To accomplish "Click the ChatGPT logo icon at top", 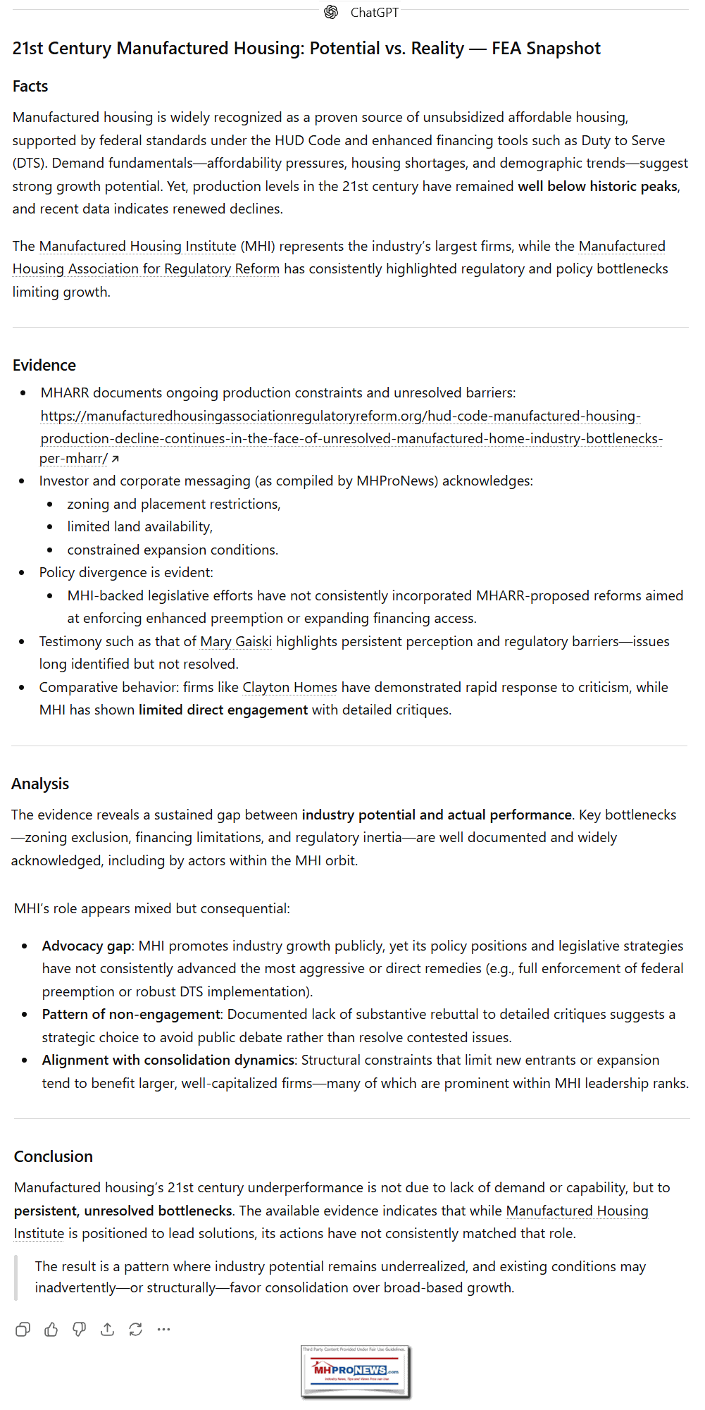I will point(331,12).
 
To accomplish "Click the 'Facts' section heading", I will point(30,86).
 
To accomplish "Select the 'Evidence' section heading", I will point(44,365).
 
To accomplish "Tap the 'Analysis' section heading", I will point(40,784).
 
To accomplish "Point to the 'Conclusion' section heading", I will point(53,1156).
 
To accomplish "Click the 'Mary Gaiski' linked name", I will point(235,641).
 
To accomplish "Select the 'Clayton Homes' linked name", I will point(289,687).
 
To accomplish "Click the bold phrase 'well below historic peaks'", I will point(597,186).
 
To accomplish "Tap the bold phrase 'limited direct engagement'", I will point(223,710).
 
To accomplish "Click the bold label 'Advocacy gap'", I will point(87,946).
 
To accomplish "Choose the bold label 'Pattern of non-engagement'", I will point(131,1014).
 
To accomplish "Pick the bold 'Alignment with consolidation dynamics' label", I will point(168,1060).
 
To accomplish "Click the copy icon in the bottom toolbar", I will point(23,1330).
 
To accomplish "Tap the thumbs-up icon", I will point(51,1330).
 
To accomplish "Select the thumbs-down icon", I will point(79,1330).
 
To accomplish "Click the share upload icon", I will point(107,1330).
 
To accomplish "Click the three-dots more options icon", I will point(163,1330).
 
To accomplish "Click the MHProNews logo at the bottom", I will point(355,1371).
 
